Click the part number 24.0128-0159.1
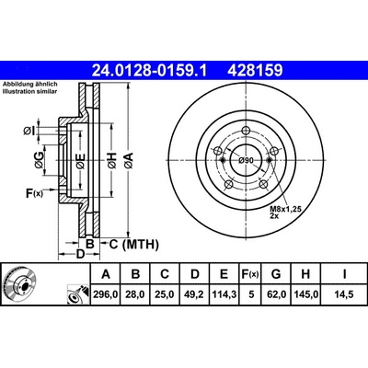(x=150, y=71)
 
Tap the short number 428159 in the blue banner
(x=255, y=71)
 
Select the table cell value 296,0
(x=106, y=294)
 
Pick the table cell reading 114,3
(x=224, y=294)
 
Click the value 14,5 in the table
(x=344, y=294)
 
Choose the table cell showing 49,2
(x=195, y=294)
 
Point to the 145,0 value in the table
(x=305, y=294)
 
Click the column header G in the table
(x=276, y=274)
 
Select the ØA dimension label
(x=129, y=161)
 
